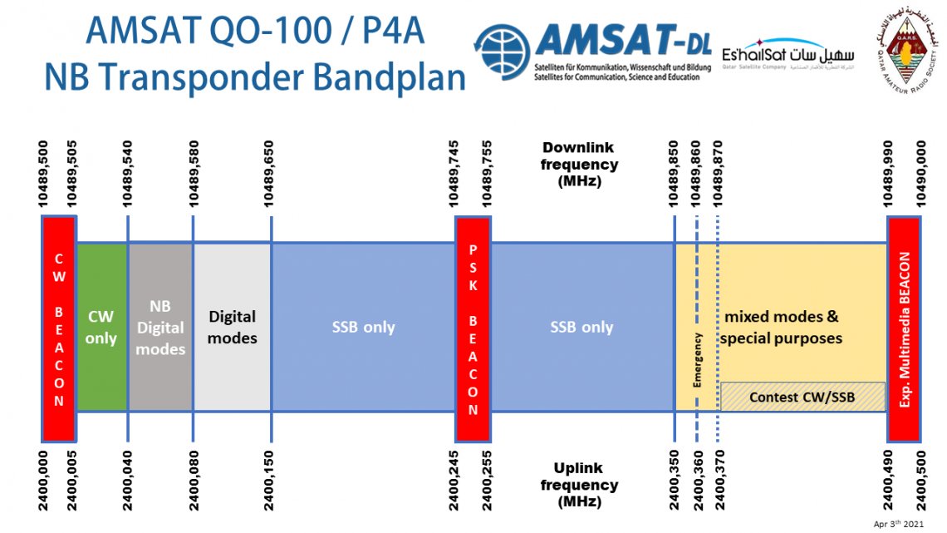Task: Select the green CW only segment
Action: point(101,327)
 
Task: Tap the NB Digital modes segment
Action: point(160,327)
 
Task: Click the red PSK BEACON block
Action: point(473,328)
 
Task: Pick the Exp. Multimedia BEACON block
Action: point(904,328)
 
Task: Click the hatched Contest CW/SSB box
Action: point(802,397)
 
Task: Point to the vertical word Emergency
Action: point(698,359)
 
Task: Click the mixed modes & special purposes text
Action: point(781,328)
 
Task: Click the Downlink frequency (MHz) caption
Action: point(579,164)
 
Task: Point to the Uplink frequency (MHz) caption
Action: point(579,485)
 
